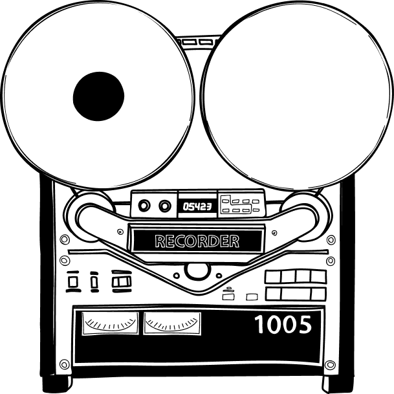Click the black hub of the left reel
pyautogui.click(x=98, y=96)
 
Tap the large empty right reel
pyautogui.click(x=298, y=95)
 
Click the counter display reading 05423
pyautogui.click(x=197, y=206)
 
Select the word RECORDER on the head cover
pyautogui.click(x=197, y=241)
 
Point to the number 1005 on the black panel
pyautogui.click(x=283, y=324)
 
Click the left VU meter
pyautogui.click(x=110, y=323)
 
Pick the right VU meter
pyautogui.click(x=172, y=323)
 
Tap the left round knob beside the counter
pyautogui.click(x=144, y=206)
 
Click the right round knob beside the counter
pyautogui.click(x=164, y=206)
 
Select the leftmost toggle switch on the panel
pyautogui.click(x=73, y=281)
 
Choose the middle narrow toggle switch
pyautogui.click(x=94, y=281)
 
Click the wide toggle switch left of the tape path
pyautogui.click(x=122, y=281)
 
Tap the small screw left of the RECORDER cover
pyautogui.click(x=120, y=232)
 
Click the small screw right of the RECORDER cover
pyautogui.click(x=275, y=232)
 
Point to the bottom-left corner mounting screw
pyautogui.click(x=64, y=364)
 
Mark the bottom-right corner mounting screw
pyautogui.click(x=330, y=365)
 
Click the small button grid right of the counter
pyautogui.click(x=240, y=205)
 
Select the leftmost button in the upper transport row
pyautogui.click(x=274, y=277)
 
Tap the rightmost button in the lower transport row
pyautogui.click(x=318, y=294)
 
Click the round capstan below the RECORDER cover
pyautogui.click(x=197, y=271)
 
